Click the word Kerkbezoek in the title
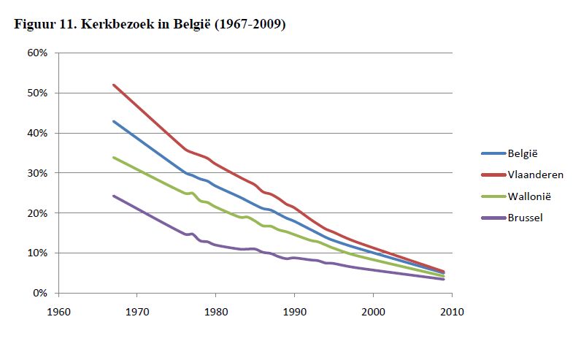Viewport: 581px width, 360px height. coord(128,24)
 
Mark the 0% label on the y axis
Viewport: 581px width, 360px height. coord(41,294)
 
